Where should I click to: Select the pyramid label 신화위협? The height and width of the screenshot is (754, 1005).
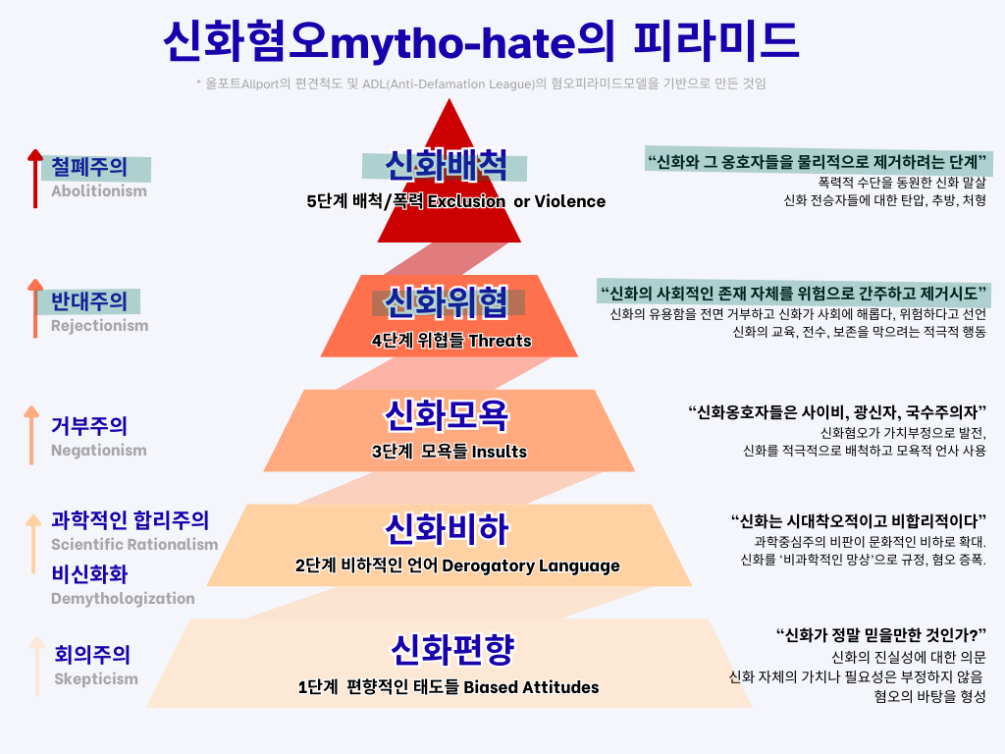(447, 302)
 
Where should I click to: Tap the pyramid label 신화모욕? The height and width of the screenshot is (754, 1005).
(447, 416)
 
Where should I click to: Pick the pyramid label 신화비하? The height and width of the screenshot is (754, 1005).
(447, 529)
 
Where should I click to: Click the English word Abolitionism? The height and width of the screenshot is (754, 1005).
(99, 191)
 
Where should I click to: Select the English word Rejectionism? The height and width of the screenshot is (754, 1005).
(99, 326)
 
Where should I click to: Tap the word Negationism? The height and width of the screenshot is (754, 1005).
(98, 451)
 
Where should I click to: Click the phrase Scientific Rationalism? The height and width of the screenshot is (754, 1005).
(134, 545)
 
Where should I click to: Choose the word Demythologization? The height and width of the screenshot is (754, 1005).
(123, 599)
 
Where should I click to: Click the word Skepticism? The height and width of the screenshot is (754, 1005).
(96, 679)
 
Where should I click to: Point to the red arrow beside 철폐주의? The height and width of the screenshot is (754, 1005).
(35, 179)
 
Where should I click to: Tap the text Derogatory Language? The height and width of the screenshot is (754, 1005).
(531, 566)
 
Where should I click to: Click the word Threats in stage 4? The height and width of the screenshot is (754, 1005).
(500, 342)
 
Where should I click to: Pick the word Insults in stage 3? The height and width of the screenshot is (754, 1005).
(500, 453)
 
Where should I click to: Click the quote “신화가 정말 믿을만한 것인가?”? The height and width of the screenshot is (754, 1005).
(880, 634)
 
